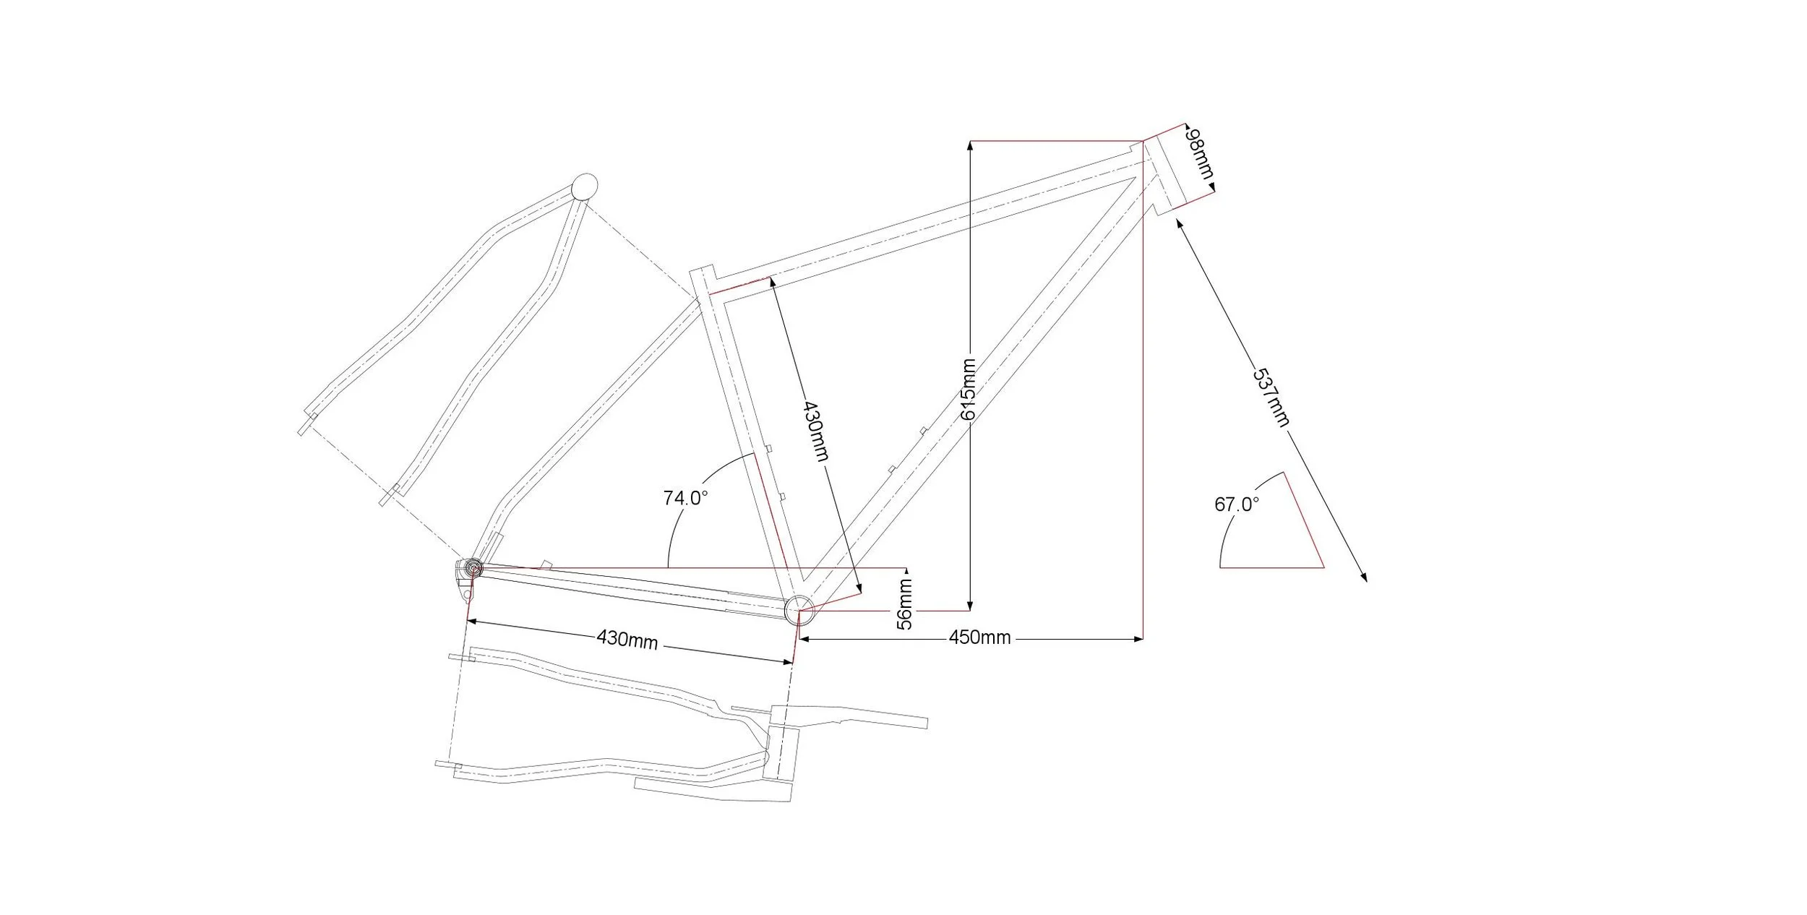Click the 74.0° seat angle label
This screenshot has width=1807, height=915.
pyautogui.click(x=685, y=498)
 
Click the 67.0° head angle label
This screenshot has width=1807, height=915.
pyautogui.click(x=1236, y=504)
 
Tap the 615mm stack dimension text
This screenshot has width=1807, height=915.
pyautogui.click(x=969, y=390)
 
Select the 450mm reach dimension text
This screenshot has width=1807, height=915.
pyautogui.click(x=979, y=637)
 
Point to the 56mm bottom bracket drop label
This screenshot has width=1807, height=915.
pyautogui.click(x=905, y=603)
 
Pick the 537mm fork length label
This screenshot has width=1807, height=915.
pyautogui.click(x=1271, y=397)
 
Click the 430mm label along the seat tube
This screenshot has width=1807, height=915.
pyautogui.click(x=815, y=431)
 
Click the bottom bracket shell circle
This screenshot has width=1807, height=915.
pyautogui.click(x=799, y=610)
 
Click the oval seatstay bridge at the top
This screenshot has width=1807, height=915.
pyautogui.click(x=584, y=187)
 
